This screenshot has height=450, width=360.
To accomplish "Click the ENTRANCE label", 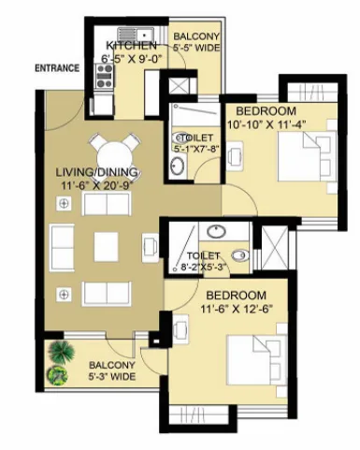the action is point(57,68).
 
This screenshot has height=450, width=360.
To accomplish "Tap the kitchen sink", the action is point(136,34).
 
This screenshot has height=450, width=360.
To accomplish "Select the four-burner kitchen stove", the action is point(104,76).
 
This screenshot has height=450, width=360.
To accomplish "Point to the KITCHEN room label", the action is point(131,46).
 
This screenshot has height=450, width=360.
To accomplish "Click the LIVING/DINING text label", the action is point(96,172).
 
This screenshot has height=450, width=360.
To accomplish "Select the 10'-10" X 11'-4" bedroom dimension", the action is point(266,124).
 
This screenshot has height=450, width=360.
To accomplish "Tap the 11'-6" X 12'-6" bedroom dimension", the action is point(237,309).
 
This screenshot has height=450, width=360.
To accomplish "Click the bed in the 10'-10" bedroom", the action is point(307,156).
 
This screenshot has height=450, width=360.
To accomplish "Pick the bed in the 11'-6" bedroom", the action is point(257,360).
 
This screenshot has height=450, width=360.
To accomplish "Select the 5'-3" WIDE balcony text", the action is point(112,376).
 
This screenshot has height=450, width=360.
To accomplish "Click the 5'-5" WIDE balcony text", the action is point(196,48).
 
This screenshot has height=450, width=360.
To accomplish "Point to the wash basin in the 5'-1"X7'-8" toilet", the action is point(177,166).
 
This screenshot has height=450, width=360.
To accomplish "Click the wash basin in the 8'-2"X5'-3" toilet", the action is point(216,231).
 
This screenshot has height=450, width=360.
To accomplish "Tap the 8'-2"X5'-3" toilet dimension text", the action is point(204,268).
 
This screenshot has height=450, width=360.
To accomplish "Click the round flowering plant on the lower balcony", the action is point(58,375).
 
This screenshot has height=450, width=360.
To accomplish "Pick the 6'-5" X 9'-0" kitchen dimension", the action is point(133,59).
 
